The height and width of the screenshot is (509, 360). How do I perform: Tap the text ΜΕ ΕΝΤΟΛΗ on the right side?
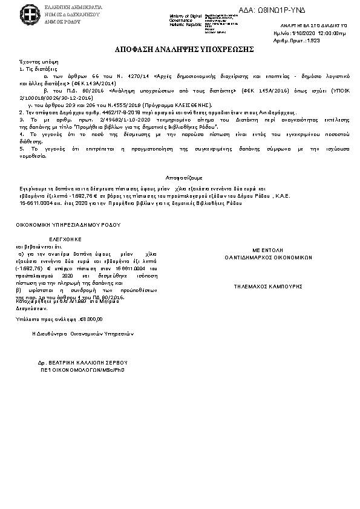tap(267, 250)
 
